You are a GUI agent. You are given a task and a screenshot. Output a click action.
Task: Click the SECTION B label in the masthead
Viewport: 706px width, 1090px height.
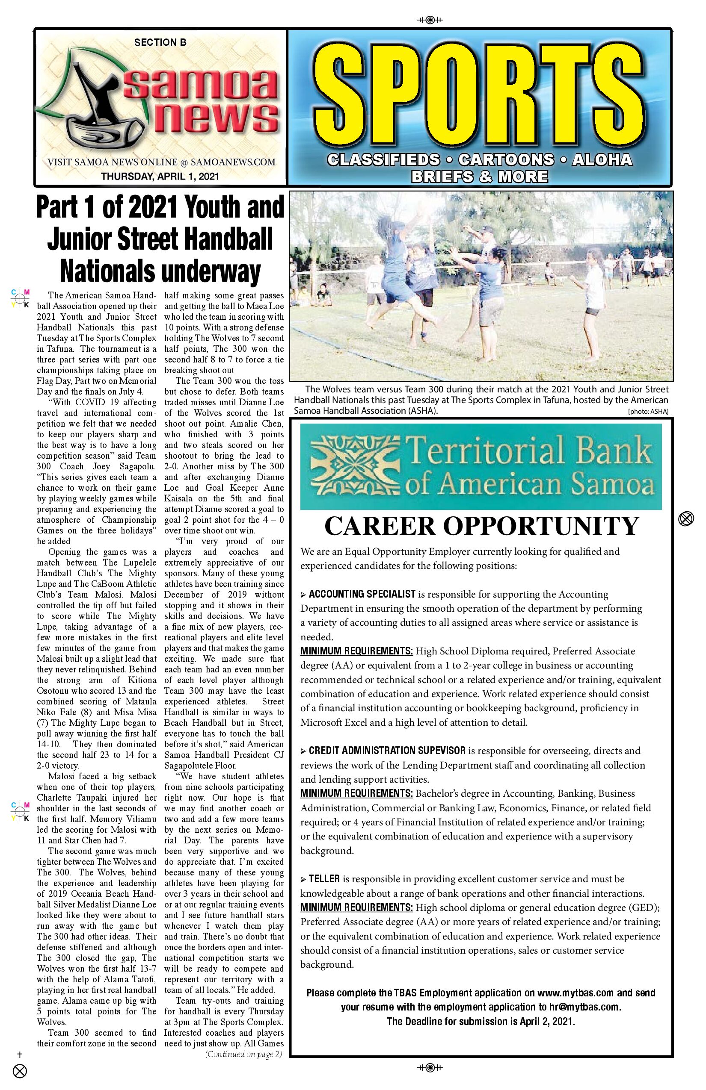(160, 43)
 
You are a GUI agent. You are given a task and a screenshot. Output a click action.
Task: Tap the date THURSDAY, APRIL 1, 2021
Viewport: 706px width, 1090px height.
(160, 176)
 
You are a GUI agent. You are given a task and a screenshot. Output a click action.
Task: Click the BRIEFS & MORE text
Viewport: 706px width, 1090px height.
(479, 176)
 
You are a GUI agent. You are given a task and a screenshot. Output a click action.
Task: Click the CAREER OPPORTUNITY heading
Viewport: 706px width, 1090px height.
(481, 526)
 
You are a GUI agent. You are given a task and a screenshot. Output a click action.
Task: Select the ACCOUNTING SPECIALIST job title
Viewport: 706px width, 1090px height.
(362, 595)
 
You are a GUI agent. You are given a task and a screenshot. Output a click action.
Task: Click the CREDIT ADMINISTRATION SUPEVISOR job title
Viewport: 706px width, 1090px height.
(387, 751)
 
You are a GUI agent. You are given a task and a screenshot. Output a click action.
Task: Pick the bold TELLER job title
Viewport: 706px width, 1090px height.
(324, 879)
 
